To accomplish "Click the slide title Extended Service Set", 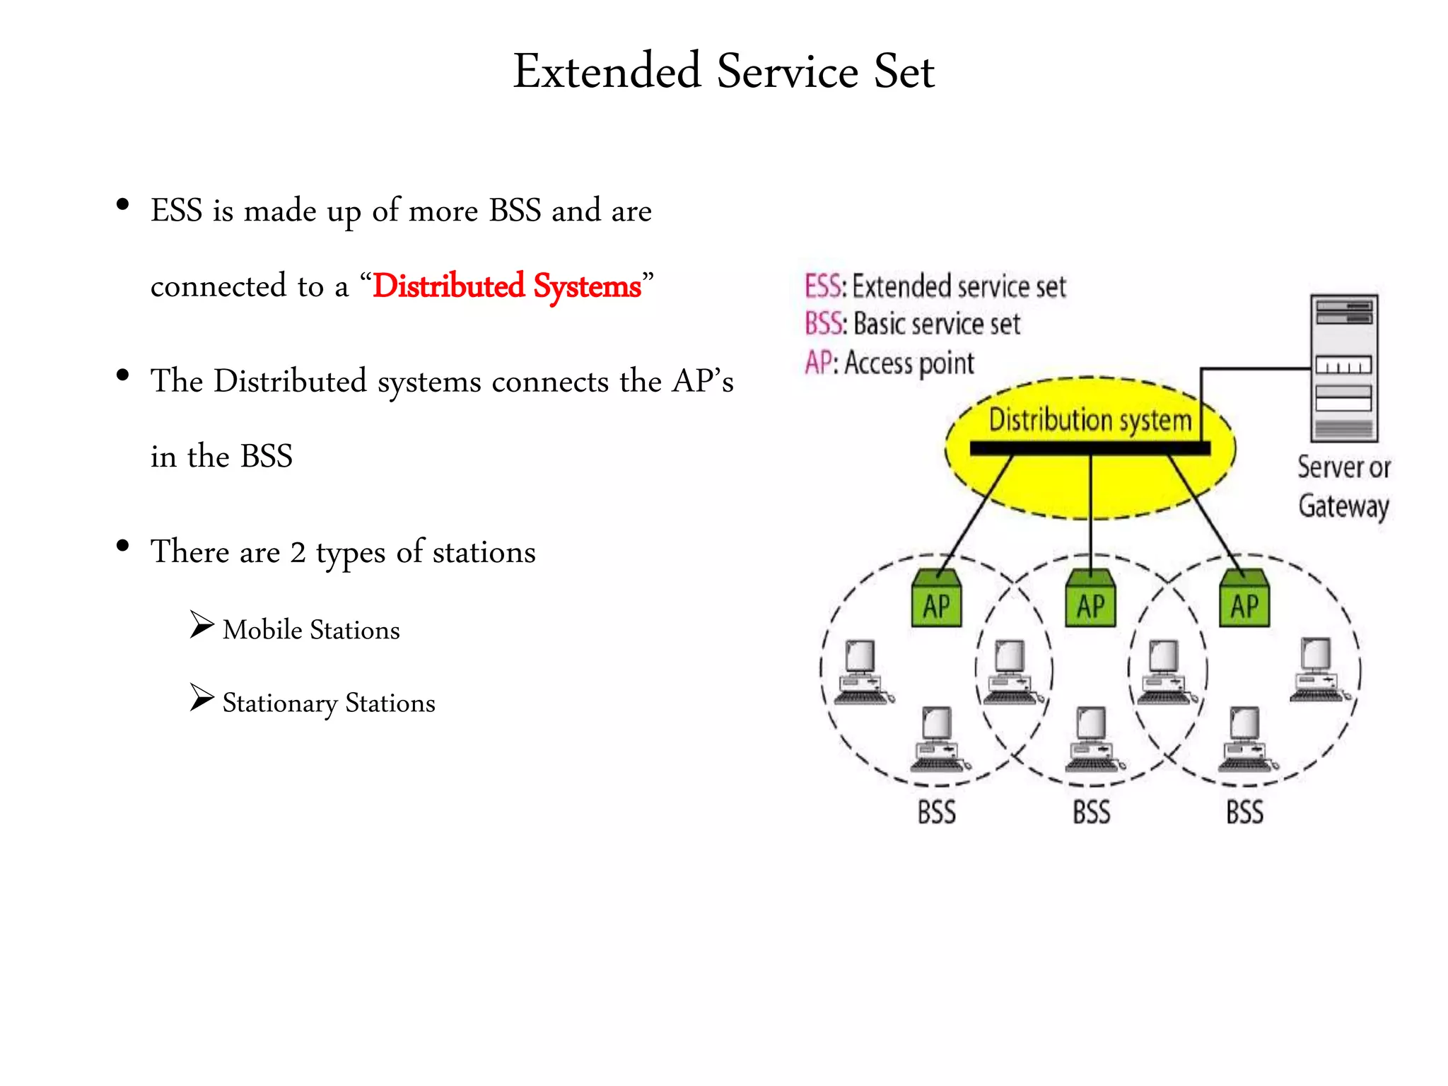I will click(x=723, y=71).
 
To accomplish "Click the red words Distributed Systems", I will click(x=506, y=286).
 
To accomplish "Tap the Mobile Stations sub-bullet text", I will click(x=310, y=630).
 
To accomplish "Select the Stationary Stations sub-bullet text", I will click(x=328, y=703).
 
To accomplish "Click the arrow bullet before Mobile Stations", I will click(x=202, y=625).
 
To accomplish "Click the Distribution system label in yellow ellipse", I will click(x=1090, y=420).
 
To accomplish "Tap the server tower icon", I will click(x=1343, y=368).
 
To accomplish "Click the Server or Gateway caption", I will click(x=1343, y=486).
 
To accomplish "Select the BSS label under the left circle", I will click(x=937, y=812).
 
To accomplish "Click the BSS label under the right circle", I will click(x=1244, y=812).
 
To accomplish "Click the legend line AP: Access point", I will click(x=889, y=363).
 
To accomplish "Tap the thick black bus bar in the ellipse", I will click(x=1090, y=448).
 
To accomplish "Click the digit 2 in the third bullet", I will click(x=298, y=552).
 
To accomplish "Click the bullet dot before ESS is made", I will click(x=123, y=205).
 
